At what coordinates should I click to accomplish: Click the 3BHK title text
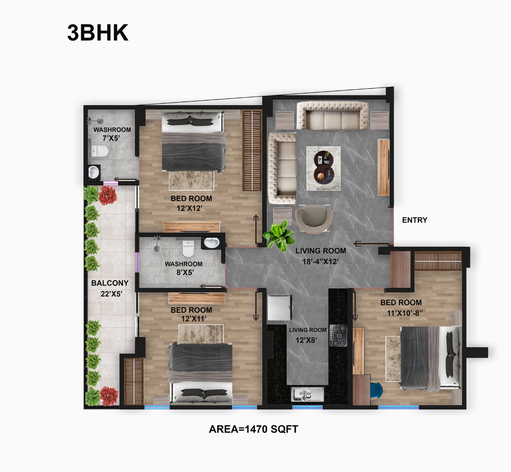(98, 33)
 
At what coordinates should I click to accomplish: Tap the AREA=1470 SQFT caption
(253, 429)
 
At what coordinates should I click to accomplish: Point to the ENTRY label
(415, 220)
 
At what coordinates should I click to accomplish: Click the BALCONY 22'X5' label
(110, 288)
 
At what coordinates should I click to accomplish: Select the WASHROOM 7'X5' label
(112, 134)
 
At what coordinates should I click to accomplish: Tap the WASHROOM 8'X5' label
(184, 268)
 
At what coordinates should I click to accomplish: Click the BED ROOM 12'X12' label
(191, 203)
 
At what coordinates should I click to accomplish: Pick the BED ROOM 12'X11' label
(191, 314)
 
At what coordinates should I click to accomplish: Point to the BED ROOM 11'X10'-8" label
(401, 308)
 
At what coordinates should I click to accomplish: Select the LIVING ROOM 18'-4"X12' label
(321, 256)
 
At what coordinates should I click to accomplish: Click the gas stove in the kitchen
(339, 336)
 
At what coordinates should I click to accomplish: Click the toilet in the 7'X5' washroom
(100, 151)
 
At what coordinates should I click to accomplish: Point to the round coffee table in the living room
(324, 168)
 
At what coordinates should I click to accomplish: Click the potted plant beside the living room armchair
(279, 236)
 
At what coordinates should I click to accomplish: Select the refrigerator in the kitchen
(279, 307)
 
